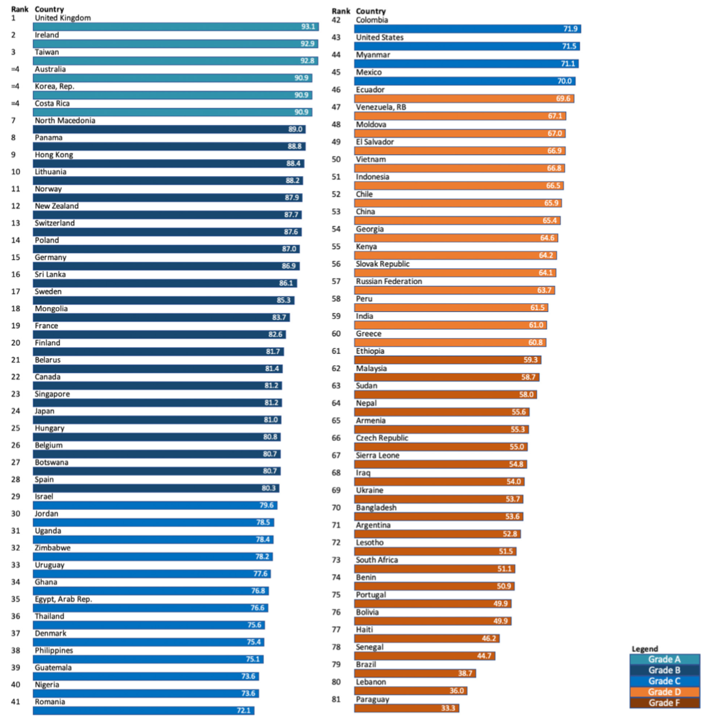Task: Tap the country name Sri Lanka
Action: (51, 274)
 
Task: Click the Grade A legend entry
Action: (664, 659)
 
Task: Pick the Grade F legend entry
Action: (664, 703)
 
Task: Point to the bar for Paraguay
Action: (407, 709)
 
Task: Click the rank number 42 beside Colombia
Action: (336, 20)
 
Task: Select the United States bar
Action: (467, 46)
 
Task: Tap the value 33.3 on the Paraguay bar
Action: (448, 709)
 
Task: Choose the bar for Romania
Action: (143, 711)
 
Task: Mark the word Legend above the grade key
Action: (645, 649)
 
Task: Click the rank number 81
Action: (336, 699)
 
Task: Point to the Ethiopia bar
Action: (448, 360)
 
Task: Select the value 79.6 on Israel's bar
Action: (267, 505)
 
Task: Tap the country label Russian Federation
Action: (389, 281)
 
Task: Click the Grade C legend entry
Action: (664, 681)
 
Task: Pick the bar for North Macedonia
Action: (169, 129)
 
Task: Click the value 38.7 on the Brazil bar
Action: (465, 673)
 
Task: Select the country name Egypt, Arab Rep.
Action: (63, 599)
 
